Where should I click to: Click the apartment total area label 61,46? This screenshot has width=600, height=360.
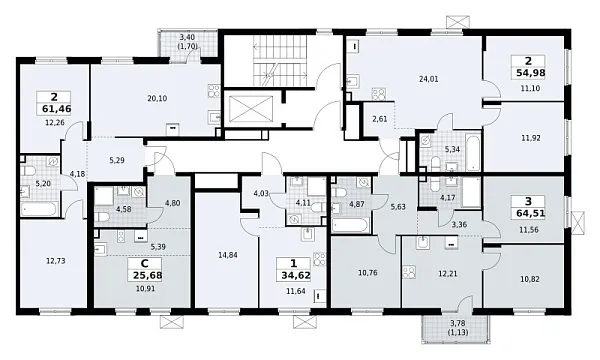(x=57, y=109)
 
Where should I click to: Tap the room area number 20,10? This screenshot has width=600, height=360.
(x=157, y=98)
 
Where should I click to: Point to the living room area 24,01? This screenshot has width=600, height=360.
(x=429, y=79)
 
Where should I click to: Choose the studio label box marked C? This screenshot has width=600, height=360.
(x=145, y=264)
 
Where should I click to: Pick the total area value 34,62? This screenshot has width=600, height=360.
(x=293, y=275)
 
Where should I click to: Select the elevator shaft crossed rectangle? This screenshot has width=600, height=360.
(x=251, y=109)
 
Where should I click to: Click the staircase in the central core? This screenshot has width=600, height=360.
(x=280, y=61)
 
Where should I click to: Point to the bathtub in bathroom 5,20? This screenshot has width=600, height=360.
(x=39, y=209)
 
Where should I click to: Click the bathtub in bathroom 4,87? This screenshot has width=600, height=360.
(x=351, y=225)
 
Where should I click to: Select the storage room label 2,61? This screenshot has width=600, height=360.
(x=380, y=119)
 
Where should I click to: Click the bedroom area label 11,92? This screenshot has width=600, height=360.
(x=531, y=138)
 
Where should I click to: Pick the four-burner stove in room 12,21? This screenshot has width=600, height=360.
(x=409, y=273)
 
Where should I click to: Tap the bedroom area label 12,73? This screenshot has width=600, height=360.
(x=55, y=261)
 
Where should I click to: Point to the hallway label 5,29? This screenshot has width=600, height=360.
(x=117, y=160)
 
